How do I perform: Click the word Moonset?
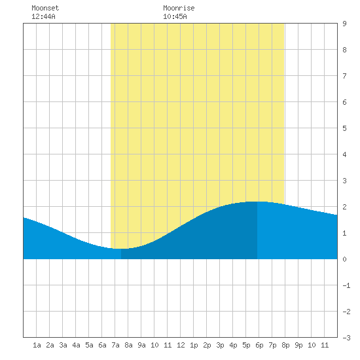tap(45, 8)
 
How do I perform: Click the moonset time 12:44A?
tap(43, 16)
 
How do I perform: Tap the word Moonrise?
tap(179, 8)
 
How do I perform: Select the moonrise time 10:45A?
tap(175, 16)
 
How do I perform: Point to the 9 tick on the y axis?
tap(344, 24)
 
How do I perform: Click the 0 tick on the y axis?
tap(344, 259)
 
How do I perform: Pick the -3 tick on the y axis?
tap(346, 338)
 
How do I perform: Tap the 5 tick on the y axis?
tap(344, 128)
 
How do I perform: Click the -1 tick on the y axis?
tap(346, 285)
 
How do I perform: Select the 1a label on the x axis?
tap(37, 345)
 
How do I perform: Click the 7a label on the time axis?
tap(115, 345)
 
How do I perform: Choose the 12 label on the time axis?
tap(181, 345)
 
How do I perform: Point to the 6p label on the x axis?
tap(259, 345)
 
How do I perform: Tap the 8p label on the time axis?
tap(285, 345)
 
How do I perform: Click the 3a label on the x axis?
tap(63, 345)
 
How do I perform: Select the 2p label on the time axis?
tap(207, 345)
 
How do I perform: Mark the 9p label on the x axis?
tap(298, 345)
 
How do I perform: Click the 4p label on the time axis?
tap(233, 345)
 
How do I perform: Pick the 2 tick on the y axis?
tap(344, 207)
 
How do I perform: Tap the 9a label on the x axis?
tap(141, 345)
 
